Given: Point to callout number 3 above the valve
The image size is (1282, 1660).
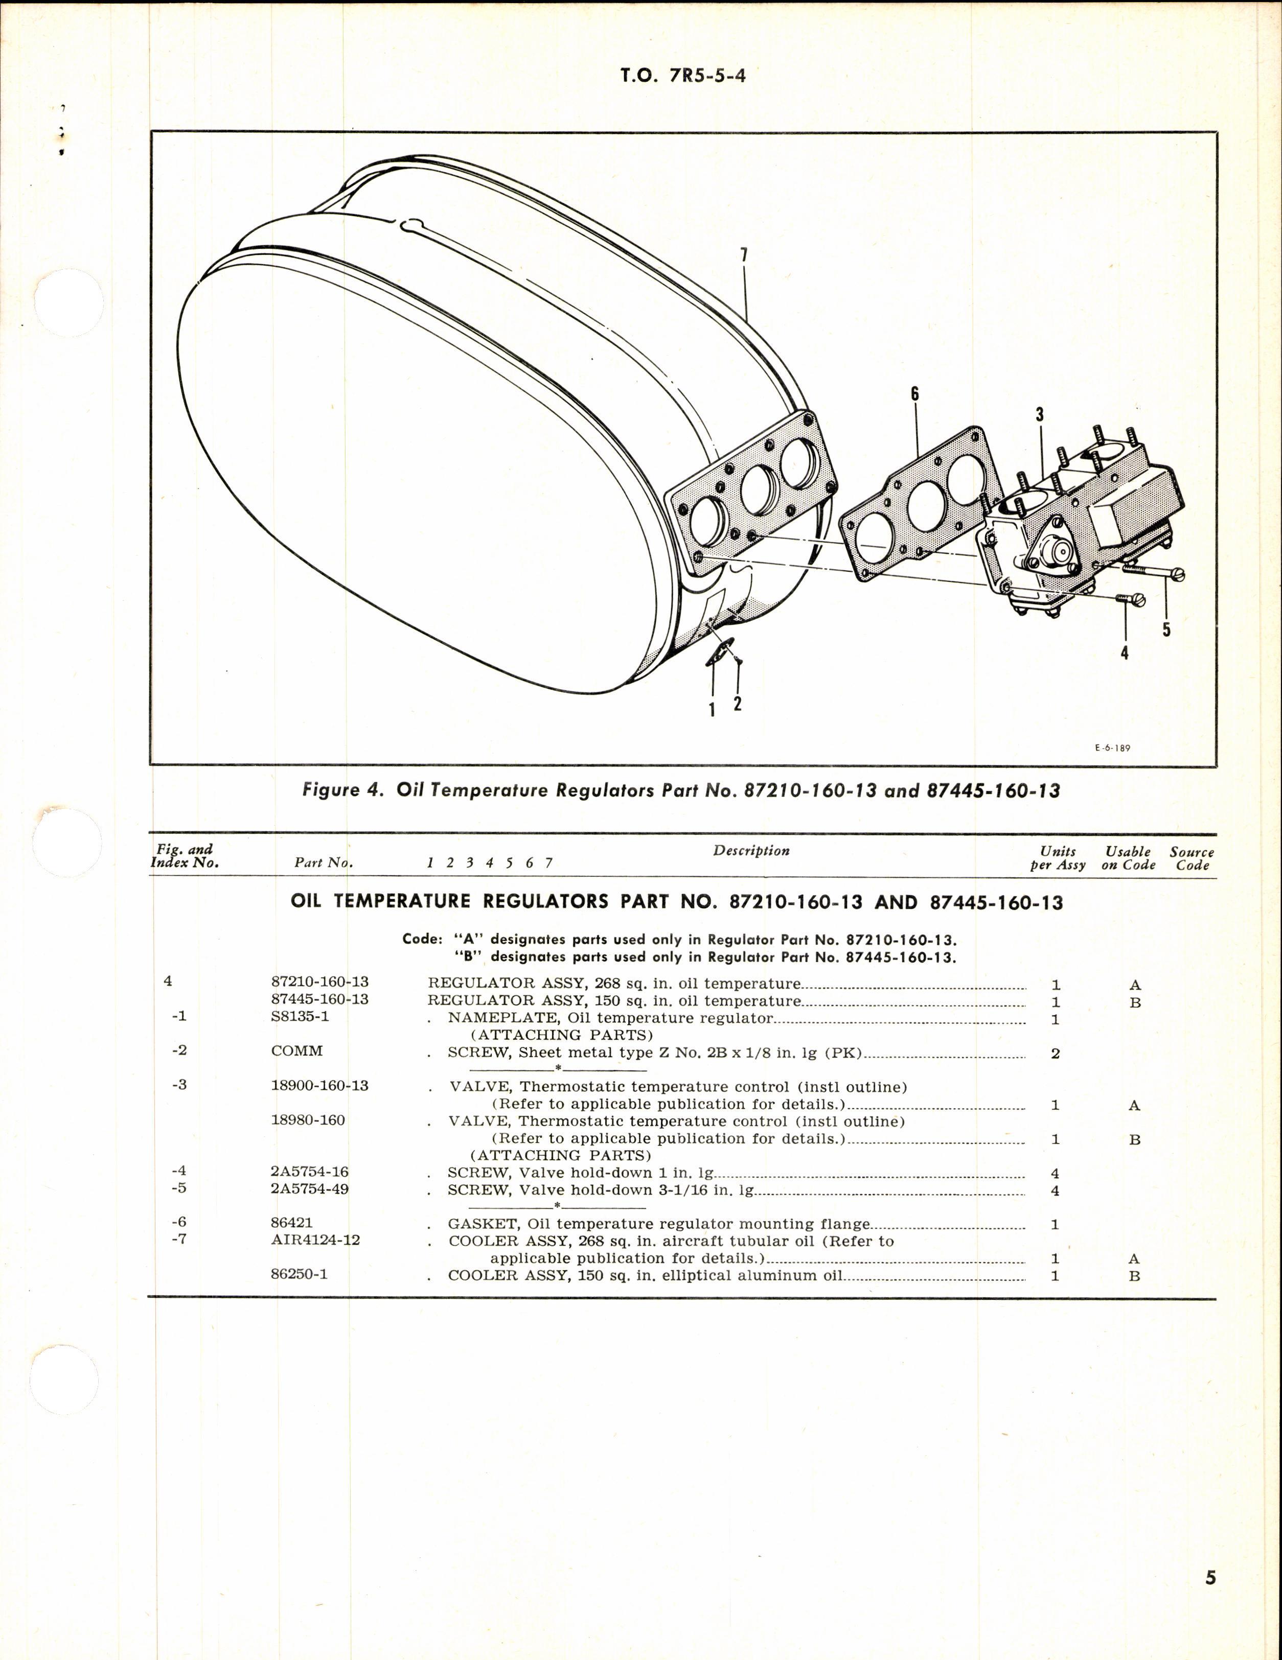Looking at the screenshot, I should [1039, 414].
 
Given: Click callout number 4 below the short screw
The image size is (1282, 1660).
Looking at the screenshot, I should [1124, 652].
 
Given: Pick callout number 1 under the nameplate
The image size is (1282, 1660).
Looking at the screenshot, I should [712, 710].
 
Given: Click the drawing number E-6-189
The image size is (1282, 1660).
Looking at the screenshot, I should [1112, 748].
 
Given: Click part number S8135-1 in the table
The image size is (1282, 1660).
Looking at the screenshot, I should [300, 1016].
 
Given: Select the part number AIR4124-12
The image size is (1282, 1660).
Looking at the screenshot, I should [315, 1240].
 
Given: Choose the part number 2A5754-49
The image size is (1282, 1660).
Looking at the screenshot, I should [309, 1189].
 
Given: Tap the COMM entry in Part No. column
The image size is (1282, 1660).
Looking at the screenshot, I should [296, 1050].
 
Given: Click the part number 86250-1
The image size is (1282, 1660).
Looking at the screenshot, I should [299, 1275].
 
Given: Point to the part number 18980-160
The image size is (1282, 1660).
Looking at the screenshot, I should [307, 1120].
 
